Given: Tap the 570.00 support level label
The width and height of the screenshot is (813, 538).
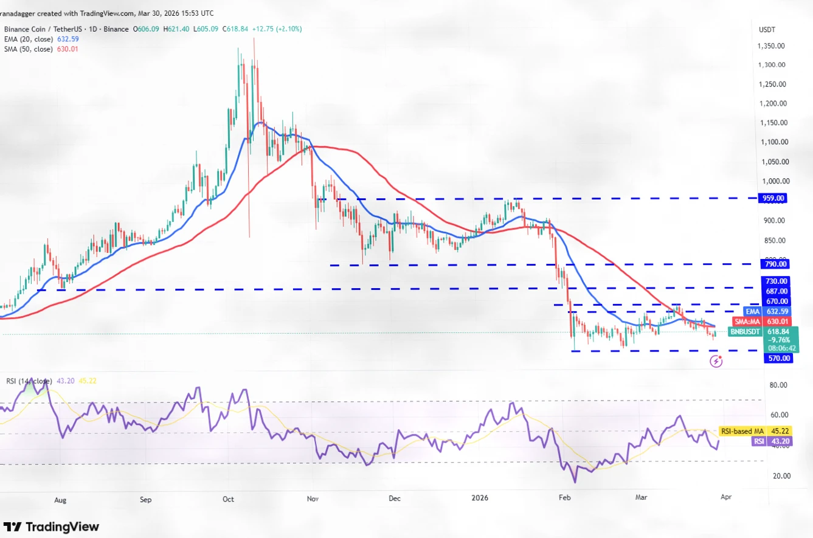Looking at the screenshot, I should tap(778, 358).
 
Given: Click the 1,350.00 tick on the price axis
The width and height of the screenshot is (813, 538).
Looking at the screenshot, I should tap(770, 46).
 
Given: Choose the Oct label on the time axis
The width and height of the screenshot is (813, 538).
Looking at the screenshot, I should tap(228, 499).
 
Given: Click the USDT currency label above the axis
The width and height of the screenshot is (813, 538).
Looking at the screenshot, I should tap(766, 29).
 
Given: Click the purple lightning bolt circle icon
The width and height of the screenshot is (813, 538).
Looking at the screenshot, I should tap(716, 362).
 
